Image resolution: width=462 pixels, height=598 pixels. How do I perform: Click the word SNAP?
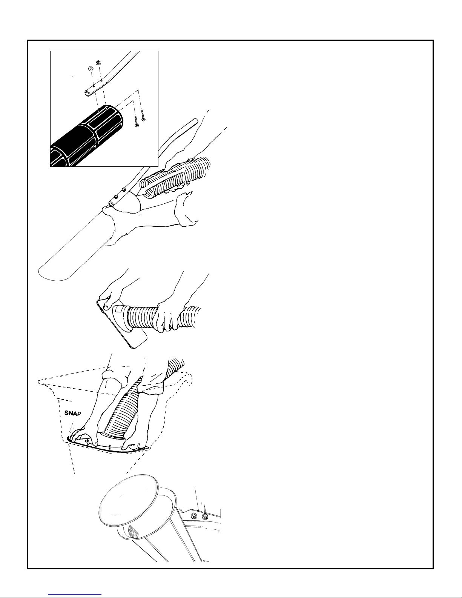(x=72, y=414)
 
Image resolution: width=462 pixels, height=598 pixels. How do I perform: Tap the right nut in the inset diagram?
(x=98, y=63)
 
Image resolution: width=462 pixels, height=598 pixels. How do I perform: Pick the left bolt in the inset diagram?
(x=137, y=121)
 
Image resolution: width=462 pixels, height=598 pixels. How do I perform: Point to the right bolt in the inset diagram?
(x=143, y=115)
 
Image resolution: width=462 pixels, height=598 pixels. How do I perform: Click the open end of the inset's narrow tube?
(x=87, y=93)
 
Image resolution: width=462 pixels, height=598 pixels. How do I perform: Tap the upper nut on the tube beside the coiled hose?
(x=124, y=190)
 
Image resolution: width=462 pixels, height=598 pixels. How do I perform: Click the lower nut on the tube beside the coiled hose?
(x=116, y=197)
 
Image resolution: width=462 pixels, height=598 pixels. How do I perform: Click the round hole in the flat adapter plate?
(x=105, y=307)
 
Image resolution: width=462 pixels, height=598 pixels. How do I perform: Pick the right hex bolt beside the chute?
(x=204, y=517)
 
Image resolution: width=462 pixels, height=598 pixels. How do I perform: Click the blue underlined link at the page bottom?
(x=75, y=594)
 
